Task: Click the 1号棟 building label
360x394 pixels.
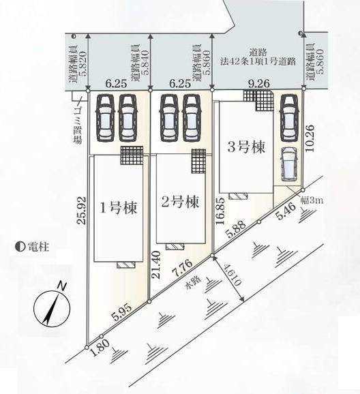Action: [119, 209]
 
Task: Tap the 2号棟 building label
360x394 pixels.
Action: [180, 202]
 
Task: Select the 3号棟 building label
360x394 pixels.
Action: [246, 147]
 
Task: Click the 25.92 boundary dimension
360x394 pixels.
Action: [82, 211]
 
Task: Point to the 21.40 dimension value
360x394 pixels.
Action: [156, 264]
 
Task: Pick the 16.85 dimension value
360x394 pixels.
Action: [220, 211]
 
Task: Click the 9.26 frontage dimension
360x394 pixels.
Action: [258, 83]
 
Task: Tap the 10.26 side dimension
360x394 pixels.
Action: [310, 138]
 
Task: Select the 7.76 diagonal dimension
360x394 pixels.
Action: [182, 268]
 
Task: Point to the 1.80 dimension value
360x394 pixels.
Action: [100, 348]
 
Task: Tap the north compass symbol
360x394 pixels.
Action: [52, 306]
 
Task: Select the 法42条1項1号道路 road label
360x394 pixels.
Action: [258, 61]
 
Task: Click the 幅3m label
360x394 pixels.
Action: [312, 201]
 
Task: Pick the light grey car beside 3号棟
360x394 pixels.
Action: [289, 164]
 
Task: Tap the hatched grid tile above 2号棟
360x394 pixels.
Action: [198, 161]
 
